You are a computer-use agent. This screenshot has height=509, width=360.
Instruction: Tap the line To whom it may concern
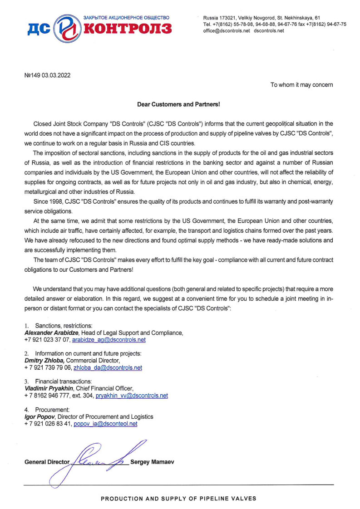point(301,85)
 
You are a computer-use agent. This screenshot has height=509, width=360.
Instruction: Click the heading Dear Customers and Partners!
point(178,104)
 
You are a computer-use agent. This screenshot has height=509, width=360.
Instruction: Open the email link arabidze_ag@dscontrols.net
point(109,339)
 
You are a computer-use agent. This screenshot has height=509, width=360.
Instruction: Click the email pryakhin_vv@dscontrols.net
point(132,396)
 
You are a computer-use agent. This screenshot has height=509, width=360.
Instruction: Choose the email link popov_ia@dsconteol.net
point(105,424)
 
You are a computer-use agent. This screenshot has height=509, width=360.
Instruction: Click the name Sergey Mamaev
point(152,462)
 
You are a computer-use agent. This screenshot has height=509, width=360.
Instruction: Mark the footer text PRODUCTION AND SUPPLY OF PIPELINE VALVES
point(178,499)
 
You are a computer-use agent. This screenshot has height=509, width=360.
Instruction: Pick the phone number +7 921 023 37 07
point(47,339)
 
